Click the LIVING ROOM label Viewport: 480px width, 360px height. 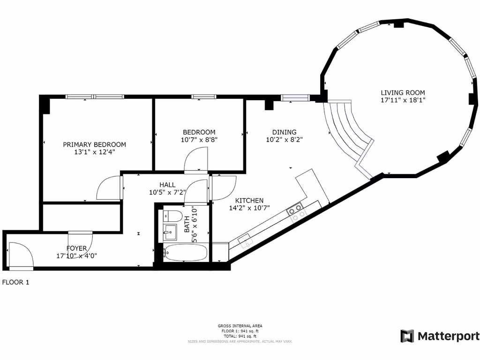(403, 93)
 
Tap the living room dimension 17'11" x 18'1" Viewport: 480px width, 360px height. (403, 100)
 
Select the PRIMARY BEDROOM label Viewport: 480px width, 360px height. (94, 144)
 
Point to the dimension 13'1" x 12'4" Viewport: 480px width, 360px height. (94, 152)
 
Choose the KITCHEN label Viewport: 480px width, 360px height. (249, 200)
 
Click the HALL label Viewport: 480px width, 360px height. (167, 185)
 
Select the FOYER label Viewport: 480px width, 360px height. (76, 248)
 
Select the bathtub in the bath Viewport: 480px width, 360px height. (185, 253)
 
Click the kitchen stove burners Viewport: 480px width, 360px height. (297, 211)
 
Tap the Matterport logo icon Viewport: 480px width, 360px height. (407, 336)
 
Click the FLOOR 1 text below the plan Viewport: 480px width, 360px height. (15, 283)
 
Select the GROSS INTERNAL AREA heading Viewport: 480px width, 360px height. (240, 326)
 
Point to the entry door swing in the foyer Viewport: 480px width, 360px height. (21, 255)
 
